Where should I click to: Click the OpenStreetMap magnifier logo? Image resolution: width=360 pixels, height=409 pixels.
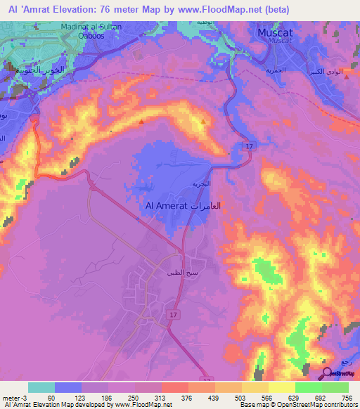coord(328,373)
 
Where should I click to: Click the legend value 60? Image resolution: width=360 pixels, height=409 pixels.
coord(51,397)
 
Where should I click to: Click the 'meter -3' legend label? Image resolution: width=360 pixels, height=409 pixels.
coord(12,397)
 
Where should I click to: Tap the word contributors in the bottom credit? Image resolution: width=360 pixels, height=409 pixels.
coord(337,405)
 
